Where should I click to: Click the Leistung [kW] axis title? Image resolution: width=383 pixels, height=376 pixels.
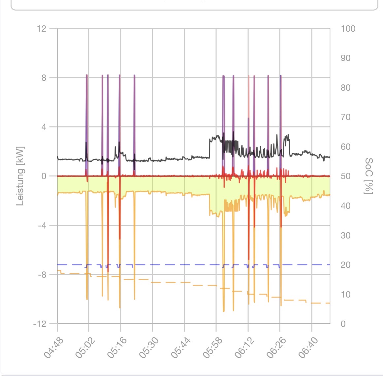[x=20, y=176]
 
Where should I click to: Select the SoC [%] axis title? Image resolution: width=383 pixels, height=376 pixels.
[x=369, y=176]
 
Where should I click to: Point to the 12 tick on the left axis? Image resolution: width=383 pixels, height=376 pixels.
[x=42, y=29]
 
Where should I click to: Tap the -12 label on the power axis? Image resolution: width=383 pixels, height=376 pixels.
[x=40, y=324]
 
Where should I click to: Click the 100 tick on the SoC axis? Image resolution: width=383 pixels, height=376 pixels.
[x=348, y=29]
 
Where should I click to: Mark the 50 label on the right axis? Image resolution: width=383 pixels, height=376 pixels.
[x=345, y=176]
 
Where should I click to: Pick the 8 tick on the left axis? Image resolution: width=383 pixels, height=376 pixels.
[x=44, y=78]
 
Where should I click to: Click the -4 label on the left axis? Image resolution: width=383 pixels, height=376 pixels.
[x=42, y=225]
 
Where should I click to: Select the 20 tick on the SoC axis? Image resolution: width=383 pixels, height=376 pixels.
[x=345, y=265]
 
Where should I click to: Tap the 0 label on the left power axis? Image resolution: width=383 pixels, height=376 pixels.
[x=44, y=176]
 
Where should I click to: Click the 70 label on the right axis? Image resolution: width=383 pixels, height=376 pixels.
[x=345, y=117]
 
